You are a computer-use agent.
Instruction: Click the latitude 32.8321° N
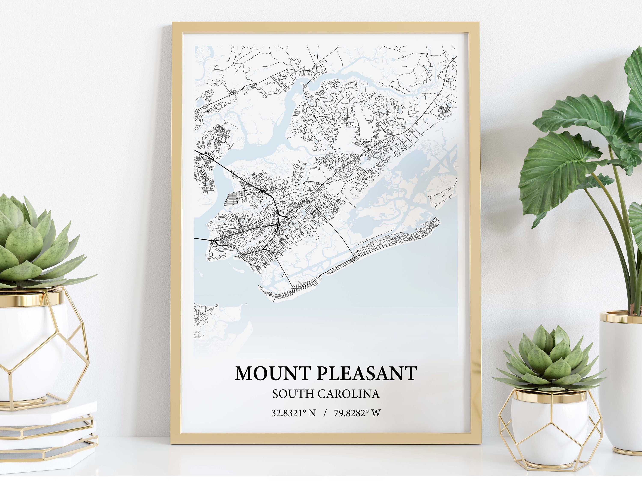tap(293, 413)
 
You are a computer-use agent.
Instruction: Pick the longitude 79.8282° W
tap(357, 413)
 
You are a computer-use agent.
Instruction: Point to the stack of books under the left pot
tap(46, 435)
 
